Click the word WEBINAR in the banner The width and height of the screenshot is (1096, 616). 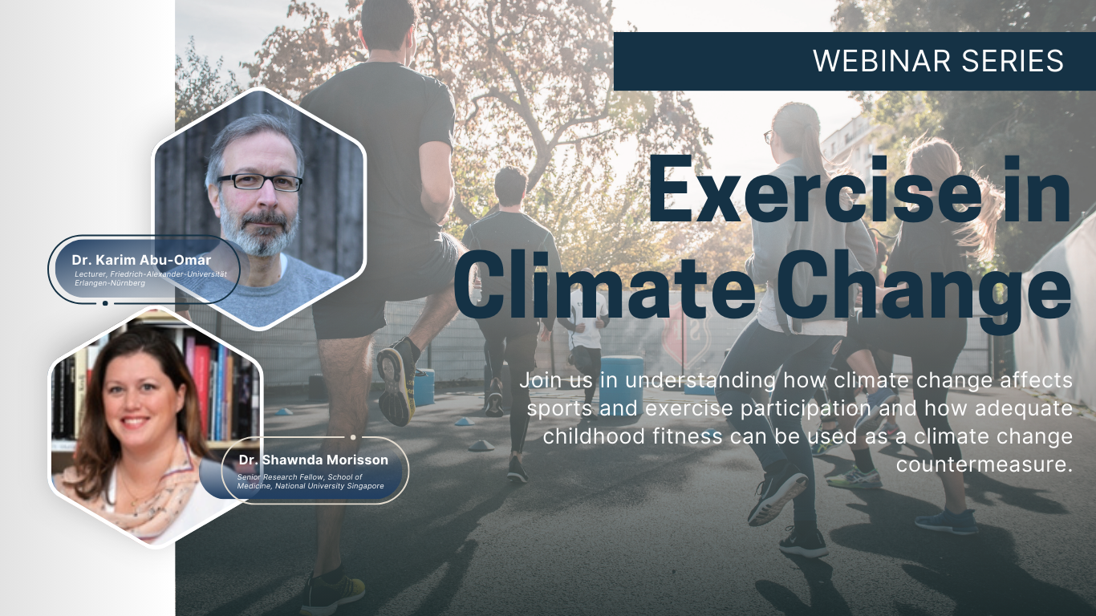882,61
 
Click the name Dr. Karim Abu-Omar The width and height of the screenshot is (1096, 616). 141,260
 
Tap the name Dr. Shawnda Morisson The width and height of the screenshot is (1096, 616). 313,460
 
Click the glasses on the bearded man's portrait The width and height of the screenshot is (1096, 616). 259,182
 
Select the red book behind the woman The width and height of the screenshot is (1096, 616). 202,387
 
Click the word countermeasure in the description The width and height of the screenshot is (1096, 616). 984,464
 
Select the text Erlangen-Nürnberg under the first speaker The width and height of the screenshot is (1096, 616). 110,283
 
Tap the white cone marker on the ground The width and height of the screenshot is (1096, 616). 481,445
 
